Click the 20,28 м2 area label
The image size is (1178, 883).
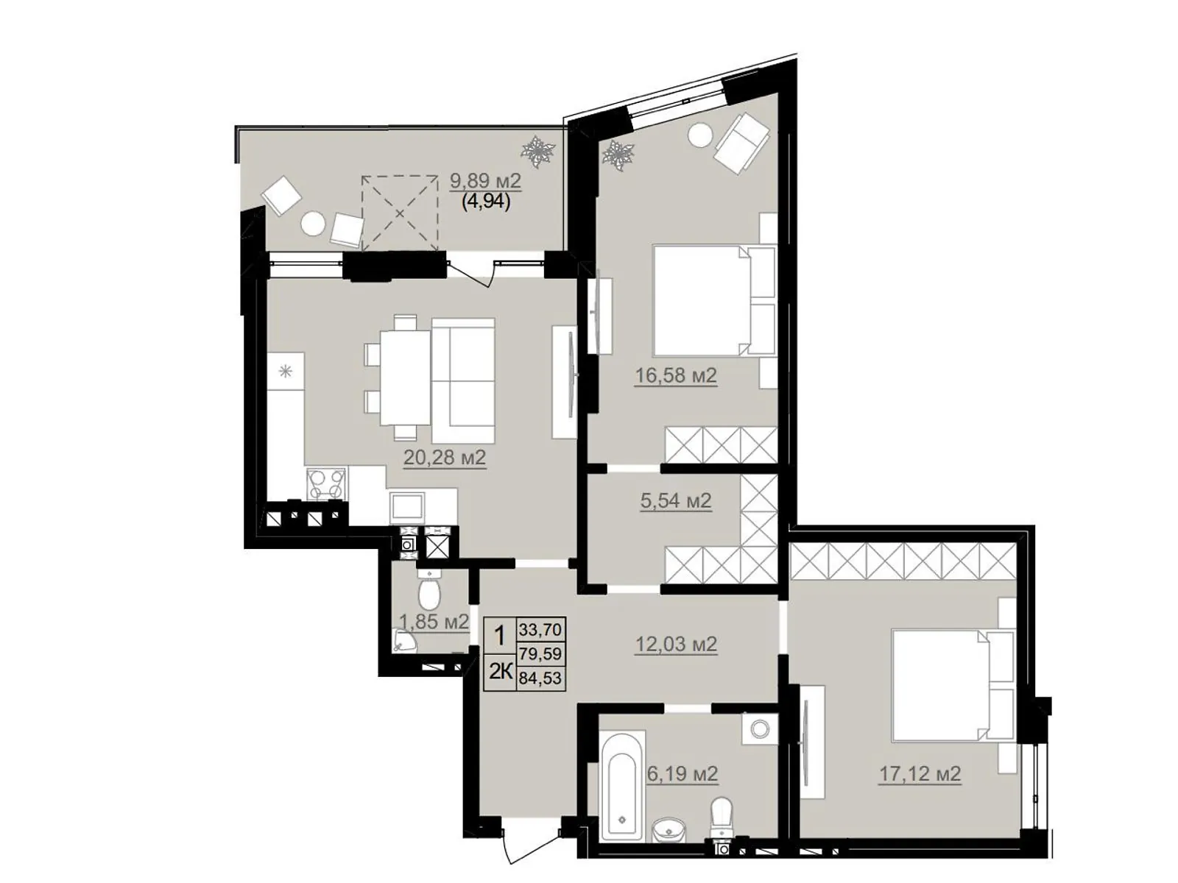(445, 458)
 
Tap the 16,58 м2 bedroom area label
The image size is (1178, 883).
(676, 376)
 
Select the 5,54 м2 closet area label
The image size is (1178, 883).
(676, 501)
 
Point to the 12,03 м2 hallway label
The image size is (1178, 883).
(676, 644)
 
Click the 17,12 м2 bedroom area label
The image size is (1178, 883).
(920, 774)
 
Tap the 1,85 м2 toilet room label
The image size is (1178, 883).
(434, 621)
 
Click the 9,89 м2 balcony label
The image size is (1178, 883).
(486, 182)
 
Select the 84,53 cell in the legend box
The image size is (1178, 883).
(540, 678)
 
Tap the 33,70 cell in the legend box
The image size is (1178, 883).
(540, 630)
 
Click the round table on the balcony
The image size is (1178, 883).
(313, 224)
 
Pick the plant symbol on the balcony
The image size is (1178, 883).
(537, 151)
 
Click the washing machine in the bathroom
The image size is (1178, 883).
(760, 728)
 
